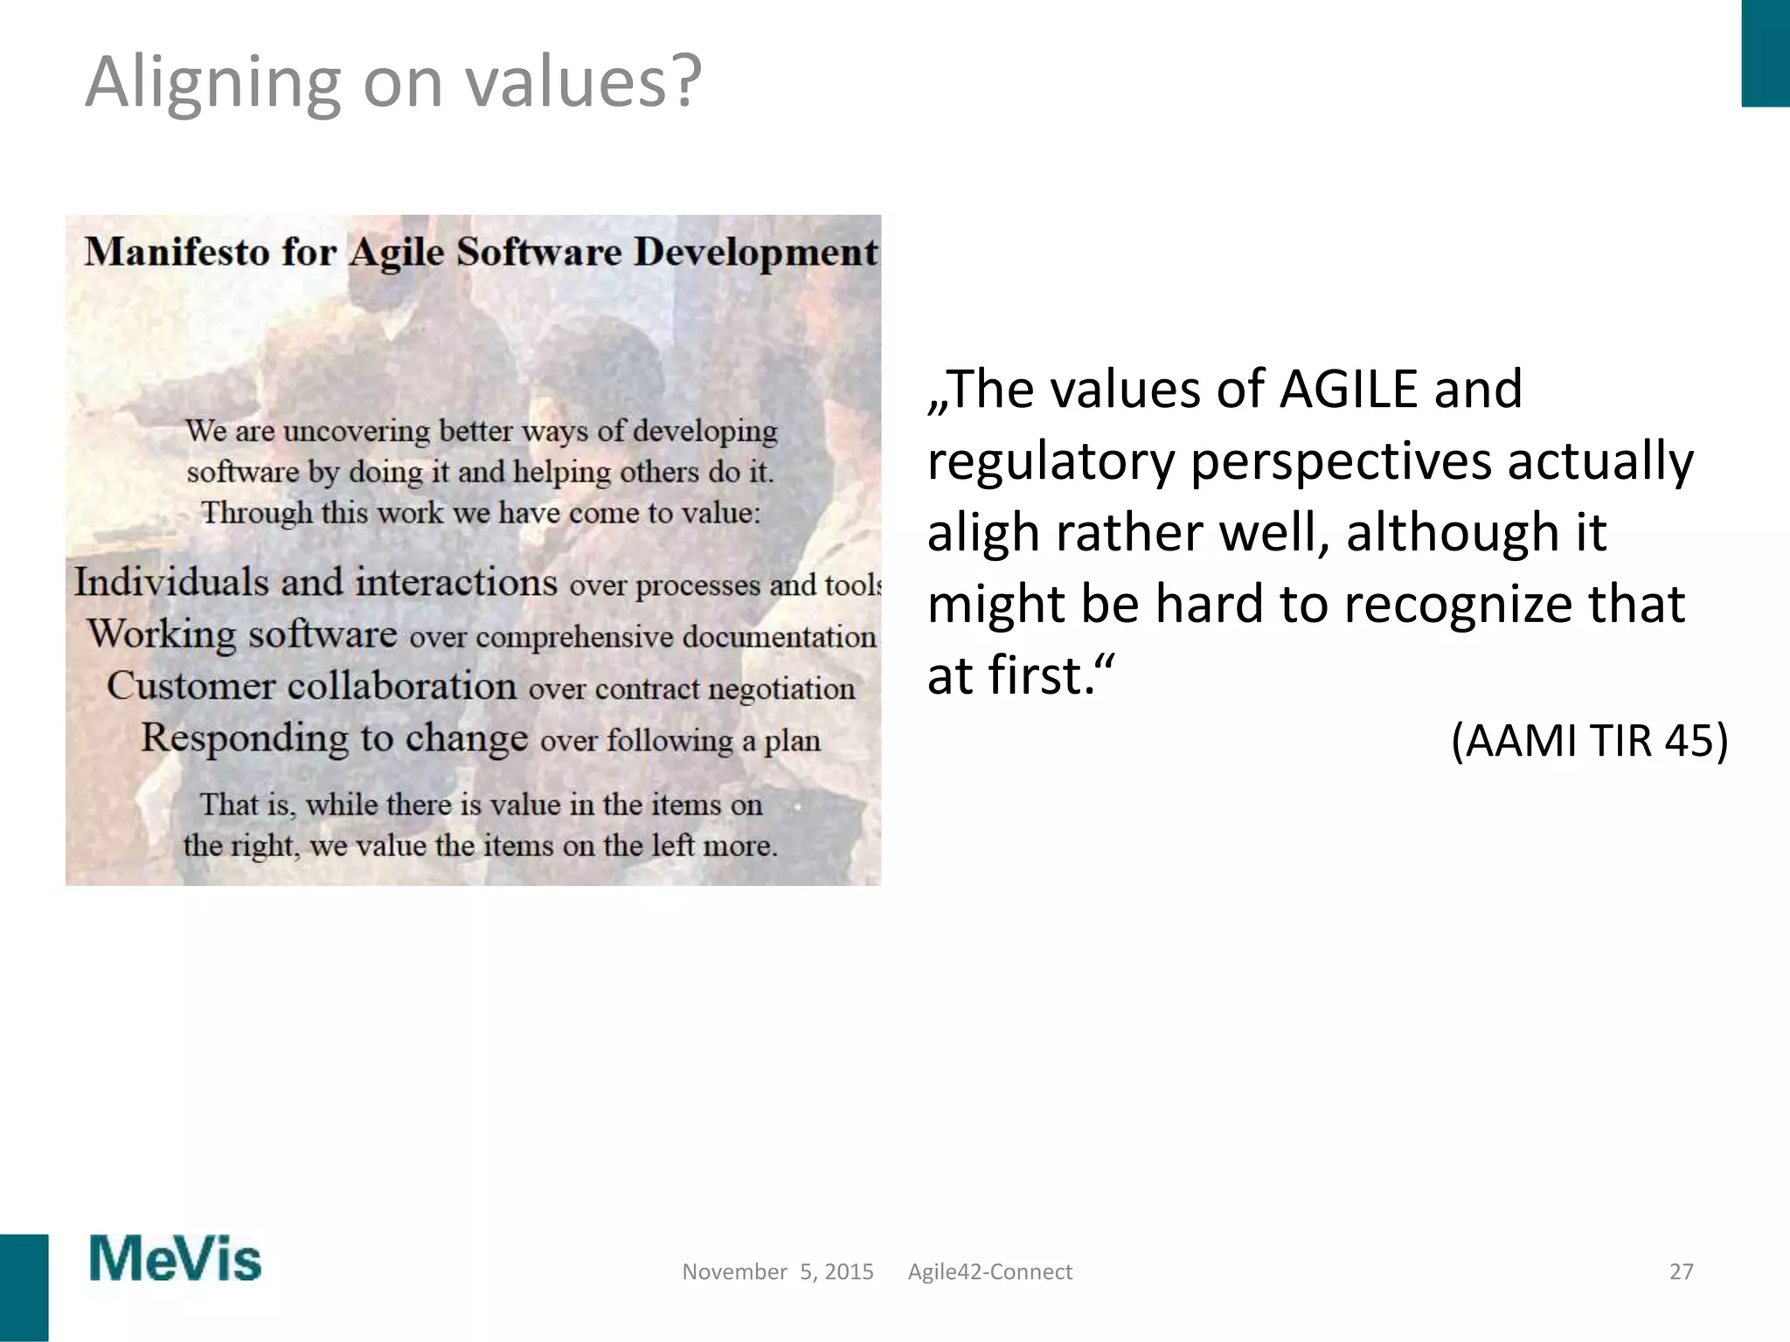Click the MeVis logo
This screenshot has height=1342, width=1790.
click(175, 1259)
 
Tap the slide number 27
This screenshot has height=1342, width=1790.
click(1681, 1272)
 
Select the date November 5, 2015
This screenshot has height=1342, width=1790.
click(777, 1272)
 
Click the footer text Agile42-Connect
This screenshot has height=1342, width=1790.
click(989, 1272)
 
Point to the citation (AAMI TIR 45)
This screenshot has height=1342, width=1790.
click(1589, 741)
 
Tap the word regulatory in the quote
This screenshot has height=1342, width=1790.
click(1051, 461)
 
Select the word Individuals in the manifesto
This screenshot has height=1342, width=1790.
click(171, 582)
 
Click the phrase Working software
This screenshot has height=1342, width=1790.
click(242, 634)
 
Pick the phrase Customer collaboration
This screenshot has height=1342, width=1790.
click(311, 686)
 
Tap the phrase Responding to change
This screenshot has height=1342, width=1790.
click(334, 738)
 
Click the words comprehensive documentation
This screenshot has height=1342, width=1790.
click(675, 637)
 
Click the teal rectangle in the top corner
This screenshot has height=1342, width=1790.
click(1766, 52)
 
